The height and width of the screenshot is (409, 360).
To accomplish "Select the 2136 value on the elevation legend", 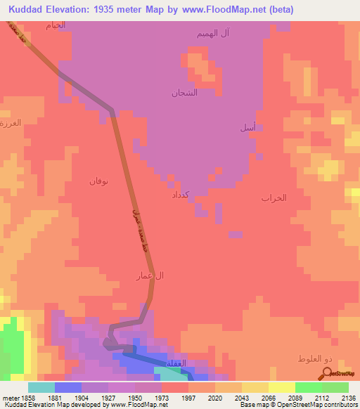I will [349, 398].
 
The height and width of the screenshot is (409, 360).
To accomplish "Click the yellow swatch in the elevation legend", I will [281, 387].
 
